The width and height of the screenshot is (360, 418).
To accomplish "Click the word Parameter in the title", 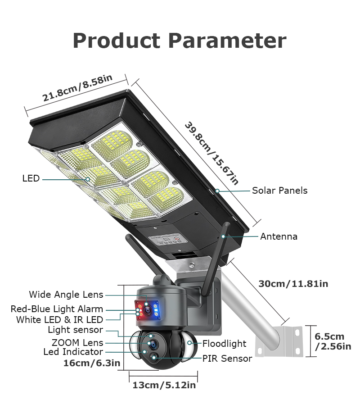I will pos(227,41).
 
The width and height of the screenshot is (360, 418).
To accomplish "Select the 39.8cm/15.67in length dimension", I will pos(211,153).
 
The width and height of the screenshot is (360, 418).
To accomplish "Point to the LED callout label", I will pos(31,179).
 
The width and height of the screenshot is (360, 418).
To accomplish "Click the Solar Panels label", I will pos(279,191).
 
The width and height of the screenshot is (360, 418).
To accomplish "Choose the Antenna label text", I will pos(279,236).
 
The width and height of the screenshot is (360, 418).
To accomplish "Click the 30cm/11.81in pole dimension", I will pos(293,284).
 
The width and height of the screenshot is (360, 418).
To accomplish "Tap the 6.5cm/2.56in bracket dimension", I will pos(333,341).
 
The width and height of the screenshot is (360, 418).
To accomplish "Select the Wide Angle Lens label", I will pos(66,295).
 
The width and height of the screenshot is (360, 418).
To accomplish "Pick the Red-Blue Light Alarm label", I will pos(57,309).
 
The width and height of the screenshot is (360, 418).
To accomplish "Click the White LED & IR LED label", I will pos(60,320).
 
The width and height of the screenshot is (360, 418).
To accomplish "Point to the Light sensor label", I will pos(76,330).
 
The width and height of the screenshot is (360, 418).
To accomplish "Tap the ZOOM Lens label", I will pos(77,343).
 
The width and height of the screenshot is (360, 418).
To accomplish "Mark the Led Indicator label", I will pos(73,352).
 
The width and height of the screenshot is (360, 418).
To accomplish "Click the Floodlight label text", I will pos(224,344).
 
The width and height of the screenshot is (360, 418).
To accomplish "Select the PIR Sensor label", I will pos(227,359).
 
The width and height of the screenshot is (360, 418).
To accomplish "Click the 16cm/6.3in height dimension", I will pos(92,363).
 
